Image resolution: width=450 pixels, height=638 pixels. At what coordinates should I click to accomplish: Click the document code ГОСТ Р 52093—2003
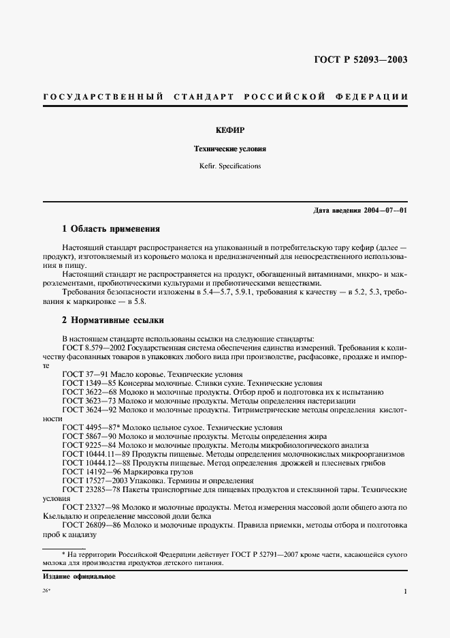pyautogui.click(x=360, y=59)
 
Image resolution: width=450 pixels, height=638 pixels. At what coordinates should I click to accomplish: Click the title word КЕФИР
pyautogui.click(x=225, y=129)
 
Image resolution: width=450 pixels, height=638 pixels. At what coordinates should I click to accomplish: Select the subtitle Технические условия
pyautogui.click(x=225, y=147)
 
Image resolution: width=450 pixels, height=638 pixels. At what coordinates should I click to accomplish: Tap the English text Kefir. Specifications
pyautogui.click(x=225, y=166)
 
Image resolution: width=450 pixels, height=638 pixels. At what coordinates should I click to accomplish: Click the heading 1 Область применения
pyautogui.click(x=111, y=229)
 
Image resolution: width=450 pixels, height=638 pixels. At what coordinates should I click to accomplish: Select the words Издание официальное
pyautogui.click(x=79, y=577)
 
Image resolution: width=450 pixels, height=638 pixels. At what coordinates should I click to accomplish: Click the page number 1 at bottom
pyautogui.click(x=405, y=592)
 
